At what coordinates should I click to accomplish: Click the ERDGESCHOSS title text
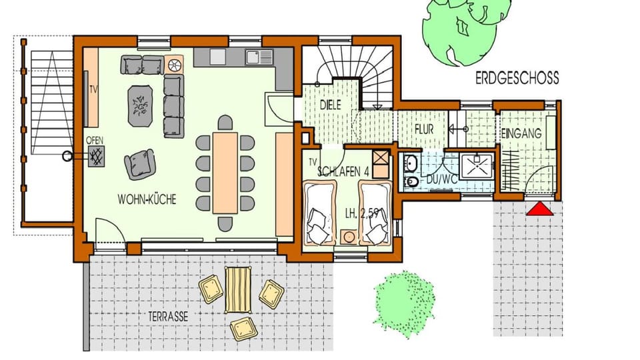517,79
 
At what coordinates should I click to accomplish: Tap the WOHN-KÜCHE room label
147,199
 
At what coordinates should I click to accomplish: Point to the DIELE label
331,105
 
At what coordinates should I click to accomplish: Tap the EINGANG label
521,134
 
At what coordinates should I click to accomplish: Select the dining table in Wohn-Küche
225,172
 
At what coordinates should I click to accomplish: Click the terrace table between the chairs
237,289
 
